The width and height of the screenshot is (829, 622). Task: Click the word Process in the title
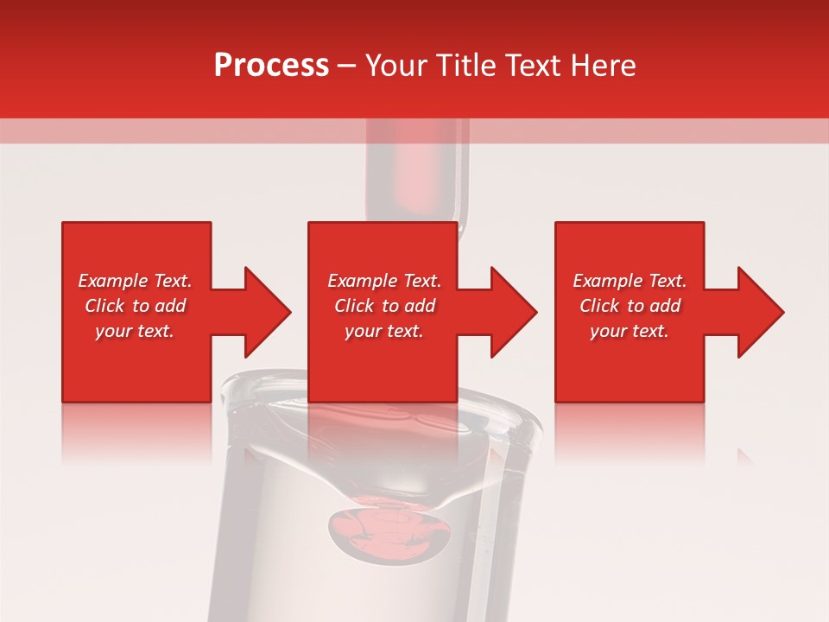271,66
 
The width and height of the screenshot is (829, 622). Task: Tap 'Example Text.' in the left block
135,281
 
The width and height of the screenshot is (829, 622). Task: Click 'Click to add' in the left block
135,306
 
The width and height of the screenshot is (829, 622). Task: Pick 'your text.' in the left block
135,331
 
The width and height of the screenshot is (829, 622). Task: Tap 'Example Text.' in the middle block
384,281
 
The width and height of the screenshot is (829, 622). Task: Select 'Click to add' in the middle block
384,306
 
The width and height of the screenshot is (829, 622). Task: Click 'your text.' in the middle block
384,331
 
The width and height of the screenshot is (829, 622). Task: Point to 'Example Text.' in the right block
630,281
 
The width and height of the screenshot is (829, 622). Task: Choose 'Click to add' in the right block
630,306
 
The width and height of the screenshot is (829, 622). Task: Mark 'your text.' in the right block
630,331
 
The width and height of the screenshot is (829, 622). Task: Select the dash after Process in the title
347,66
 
